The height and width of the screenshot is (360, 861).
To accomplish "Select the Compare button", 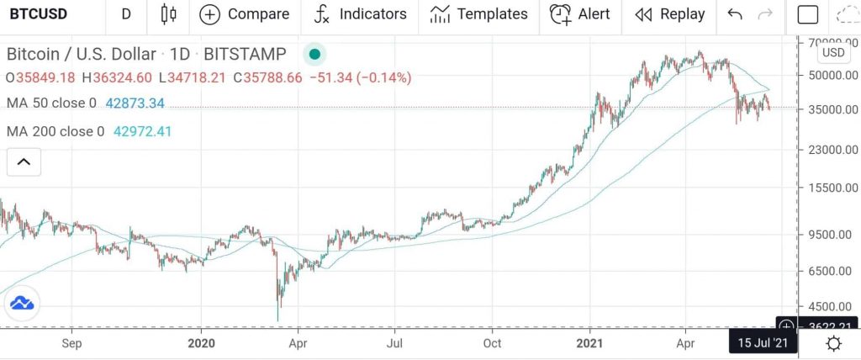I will [x=244, y=14].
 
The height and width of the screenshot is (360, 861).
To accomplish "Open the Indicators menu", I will [x=360, y=14].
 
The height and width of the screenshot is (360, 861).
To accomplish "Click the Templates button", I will [x=478, y=14].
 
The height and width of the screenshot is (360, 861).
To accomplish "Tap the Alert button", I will [x=580, y=14].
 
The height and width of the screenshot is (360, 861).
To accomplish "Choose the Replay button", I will [x=670, y=14].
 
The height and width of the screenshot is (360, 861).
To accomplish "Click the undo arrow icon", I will [x=735, y=14].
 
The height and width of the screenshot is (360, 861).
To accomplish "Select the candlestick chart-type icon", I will [x=168, y=14].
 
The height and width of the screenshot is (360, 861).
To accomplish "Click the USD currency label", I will [x=832, y=52].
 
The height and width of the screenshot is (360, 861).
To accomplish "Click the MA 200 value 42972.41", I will [x=147, y=131].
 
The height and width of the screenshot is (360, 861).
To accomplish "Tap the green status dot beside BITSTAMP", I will [x=314, y=55].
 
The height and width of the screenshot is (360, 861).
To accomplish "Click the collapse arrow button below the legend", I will [x=24, y=161].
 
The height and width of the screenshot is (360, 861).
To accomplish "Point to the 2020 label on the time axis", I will [x=202, y=343].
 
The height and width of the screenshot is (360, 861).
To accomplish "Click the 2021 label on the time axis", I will [x=591, y=343].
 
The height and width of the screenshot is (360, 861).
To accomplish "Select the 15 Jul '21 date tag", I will [x=762, y=343].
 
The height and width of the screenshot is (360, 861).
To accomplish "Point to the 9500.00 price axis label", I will [x=830, y=235].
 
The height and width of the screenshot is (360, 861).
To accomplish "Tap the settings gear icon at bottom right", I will [x=833, y=343].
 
